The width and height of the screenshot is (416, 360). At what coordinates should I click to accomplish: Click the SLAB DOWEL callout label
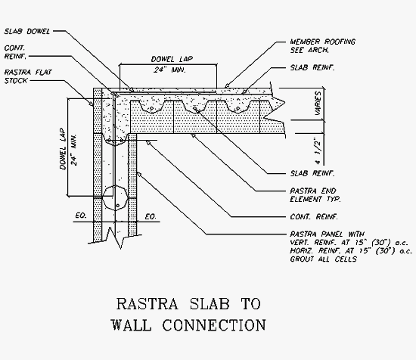pyautogui.click(x=26, y=31)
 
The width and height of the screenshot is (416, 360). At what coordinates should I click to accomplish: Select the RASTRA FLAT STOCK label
pyautogui.click(x=28, y=76)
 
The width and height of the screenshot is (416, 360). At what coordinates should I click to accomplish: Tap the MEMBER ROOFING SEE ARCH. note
pyautogui.click(x=322, y=45)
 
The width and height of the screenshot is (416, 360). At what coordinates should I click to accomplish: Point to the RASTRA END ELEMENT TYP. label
pyautogui.click(x=315, y=195)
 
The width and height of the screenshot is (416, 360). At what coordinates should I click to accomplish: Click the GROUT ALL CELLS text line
pyautogui.click(x=323, y=259)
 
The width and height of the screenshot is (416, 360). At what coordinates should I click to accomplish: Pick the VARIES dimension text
pyautogui.click(x=318, y=103)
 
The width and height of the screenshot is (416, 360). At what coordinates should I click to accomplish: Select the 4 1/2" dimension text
pyautogui.click(x=318, y=151)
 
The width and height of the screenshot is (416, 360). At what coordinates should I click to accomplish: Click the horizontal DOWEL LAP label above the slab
pyautogui.click(x=172, y=59)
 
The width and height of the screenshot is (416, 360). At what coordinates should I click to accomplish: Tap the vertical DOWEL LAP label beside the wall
pyautogui.click(x=63, y=149)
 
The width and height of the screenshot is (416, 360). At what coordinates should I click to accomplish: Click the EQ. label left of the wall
pyautogui.click(x=81, y=216)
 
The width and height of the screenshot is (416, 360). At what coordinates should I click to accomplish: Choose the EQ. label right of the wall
pyautogui.click(x=151, y=217)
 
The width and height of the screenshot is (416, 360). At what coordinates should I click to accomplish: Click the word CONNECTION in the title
pyautogui.click(x=214, y=325)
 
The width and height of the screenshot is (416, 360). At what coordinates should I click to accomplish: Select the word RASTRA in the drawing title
pyautogui.click(x=147, y=304)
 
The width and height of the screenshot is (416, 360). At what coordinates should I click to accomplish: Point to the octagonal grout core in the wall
pyautogui.click(x=115, y=198)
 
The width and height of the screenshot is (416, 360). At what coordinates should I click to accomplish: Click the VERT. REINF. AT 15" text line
pyautogui.click(x=349, y=243)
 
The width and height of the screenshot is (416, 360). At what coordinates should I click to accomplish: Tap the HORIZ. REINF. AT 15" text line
pyautogui.click(x=351, y=250)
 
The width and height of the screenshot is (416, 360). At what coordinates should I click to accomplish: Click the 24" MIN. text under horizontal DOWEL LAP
pyautogui.click(x=169, y=70)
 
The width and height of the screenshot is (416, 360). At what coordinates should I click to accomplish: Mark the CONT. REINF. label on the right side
pyautogui.click(x=314, y=217)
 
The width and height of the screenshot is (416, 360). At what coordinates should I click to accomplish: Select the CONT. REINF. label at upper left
pyautogui.click(x=15, y=52)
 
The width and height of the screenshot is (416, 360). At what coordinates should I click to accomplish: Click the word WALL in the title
pyautogui.click(x=131, y=325)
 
